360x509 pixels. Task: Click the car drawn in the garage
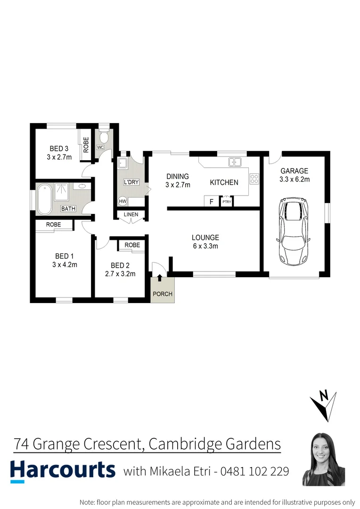[x=294, y=230]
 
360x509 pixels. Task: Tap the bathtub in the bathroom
[x=44, y=199]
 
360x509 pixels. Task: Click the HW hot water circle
[x=123, y=201]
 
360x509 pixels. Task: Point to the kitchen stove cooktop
[x=254, y=179]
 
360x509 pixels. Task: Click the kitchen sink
[x=235, y=162]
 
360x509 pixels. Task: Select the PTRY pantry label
[x=227, y=202]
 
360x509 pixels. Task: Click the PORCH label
[x=163, y=294]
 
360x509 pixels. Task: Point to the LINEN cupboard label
[x=131, y=215]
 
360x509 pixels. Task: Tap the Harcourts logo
[x=63, y=471]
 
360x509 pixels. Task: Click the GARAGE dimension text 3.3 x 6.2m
[x=295, y=179]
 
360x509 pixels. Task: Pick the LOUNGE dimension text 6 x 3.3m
[x=205, y=246]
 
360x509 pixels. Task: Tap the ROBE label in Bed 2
[x=132, y=245]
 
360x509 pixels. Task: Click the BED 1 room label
[x=65, y=256]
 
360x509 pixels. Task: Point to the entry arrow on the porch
[x=159, y=278]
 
